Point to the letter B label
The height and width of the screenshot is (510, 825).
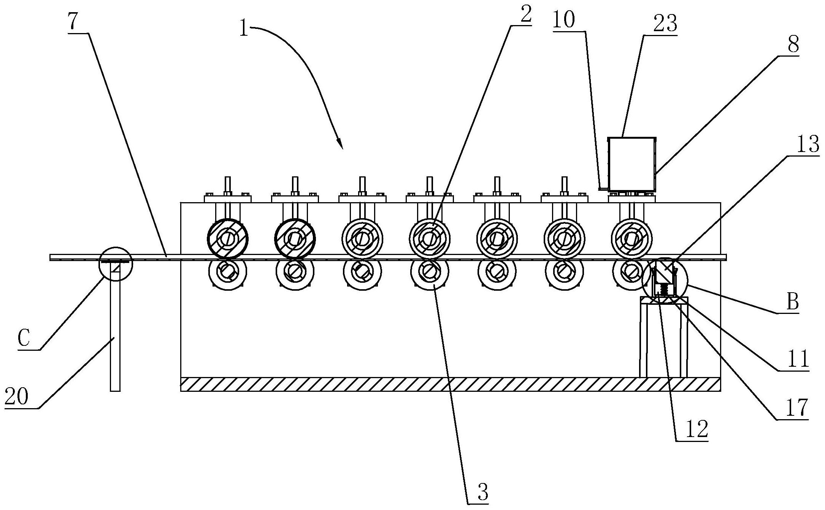pyautogui.click(x=792, y=303)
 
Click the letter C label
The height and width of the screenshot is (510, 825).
pyautogui.click(x=24, y=339)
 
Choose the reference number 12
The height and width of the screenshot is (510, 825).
pyautogui.click(x=697, y=430)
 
